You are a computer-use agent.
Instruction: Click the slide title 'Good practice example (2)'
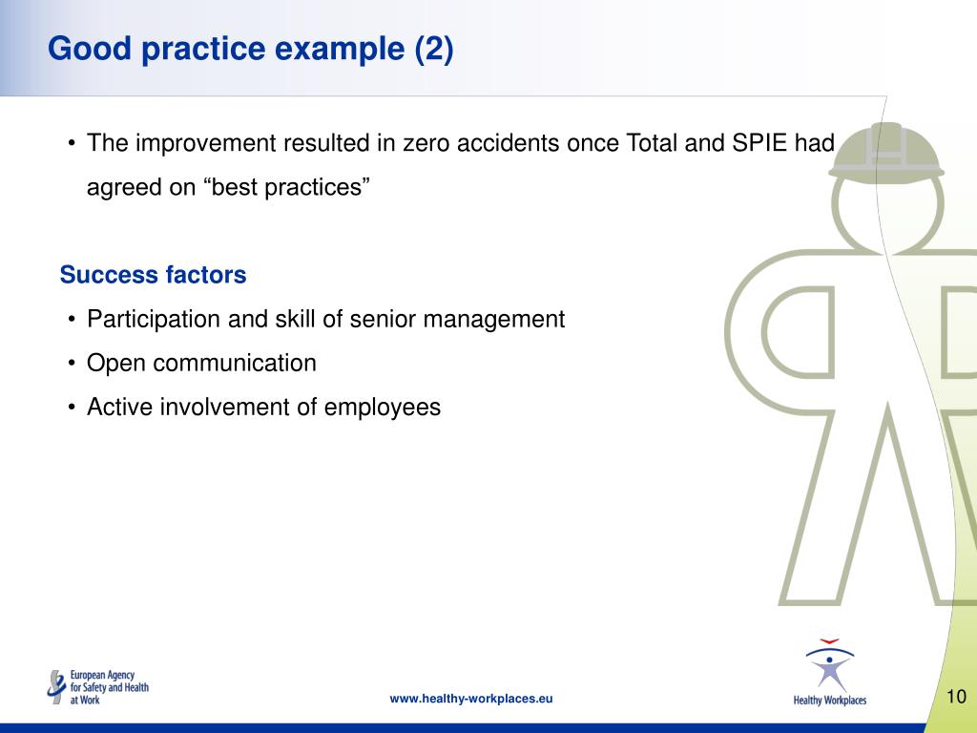pos(251,49)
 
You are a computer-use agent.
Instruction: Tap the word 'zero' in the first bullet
pos(427,143)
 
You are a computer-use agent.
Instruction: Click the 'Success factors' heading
pos(153,275)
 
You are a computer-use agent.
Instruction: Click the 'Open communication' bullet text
pos(201,363)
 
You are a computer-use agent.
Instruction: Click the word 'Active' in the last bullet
pos(119,408)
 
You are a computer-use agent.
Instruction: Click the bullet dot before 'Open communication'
pos(73,364)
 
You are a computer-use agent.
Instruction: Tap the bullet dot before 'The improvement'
pos(73,144)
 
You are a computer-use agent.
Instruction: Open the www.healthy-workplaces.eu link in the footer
pos(471,699)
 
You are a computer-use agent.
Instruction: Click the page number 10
pos(956,697)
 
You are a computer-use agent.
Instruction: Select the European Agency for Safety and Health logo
pos(98,686)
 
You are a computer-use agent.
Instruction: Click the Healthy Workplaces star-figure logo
pos(829,671)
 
